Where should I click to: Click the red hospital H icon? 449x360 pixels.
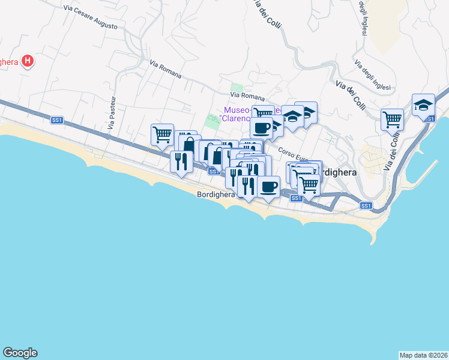27,61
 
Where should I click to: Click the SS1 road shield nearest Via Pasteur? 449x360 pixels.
57,121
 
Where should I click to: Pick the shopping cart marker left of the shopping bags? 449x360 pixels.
162,134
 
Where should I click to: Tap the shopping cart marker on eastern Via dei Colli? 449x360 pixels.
392,119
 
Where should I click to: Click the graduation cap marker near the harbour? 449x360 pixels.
423,104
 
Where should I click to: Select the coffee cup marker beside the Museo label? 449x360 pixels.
261,127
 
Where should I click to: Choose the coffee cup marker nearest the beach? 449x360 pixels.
269,185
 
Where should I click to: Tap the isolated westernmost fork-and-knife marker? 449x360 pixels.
180,161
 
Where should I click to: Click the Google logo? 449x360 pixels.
20,353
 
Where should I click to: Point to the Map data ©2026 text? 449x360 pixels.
423,355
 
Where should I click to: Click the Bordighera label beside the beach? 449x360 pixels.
215,194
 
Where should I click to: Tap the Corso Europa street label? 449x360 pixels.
292,154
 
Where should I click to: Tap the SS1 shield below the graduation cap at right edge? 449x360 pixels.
429,119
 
